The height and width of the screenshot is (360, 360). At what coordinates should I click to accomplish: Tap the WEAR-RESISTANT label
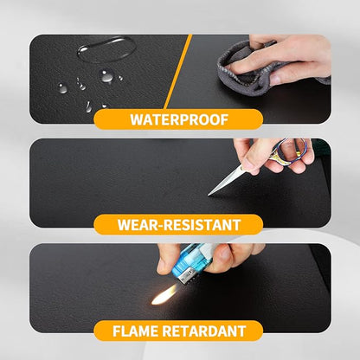point(179,225)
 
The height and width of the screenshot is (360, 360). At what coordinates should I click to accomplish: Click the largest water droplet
point(101,48)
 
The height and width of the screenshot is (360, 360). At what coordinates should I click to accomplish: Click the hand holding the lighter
point(238,255)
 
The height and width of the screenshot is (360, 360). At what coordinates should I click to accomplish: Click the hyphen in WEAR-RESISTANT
point(161,226)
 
